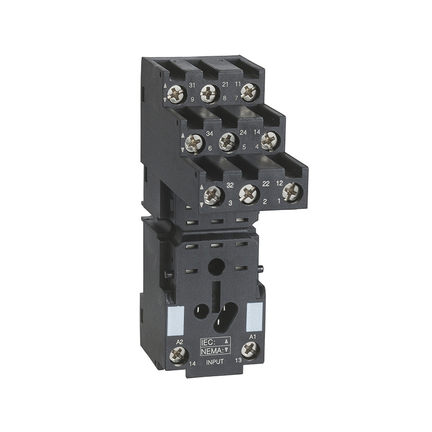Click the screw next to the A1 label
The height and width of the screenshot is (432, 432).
pyautogui.click(x=251, y=350)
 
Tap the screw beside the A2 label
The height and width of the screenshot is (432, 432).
pyautogui.click(x=178, y=355)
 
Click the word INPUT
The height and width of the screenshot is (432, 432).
pyautogui.click(x=215, y=362)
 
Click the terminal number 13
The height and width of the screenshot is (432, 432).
pyautogui.click(x=239, y=360)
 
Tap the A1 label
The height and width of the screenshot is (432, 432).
pyautogui.click(x=252, y=336)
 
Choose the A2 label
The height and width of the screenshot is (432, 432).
pyautogui.click(x=179, y=342)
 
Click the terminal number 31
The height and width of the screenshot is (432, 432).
pyautogui.click(x=192, y=85)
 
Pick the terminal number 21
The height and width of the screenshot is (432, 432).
pyautogui.click(x=225, y=84)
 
